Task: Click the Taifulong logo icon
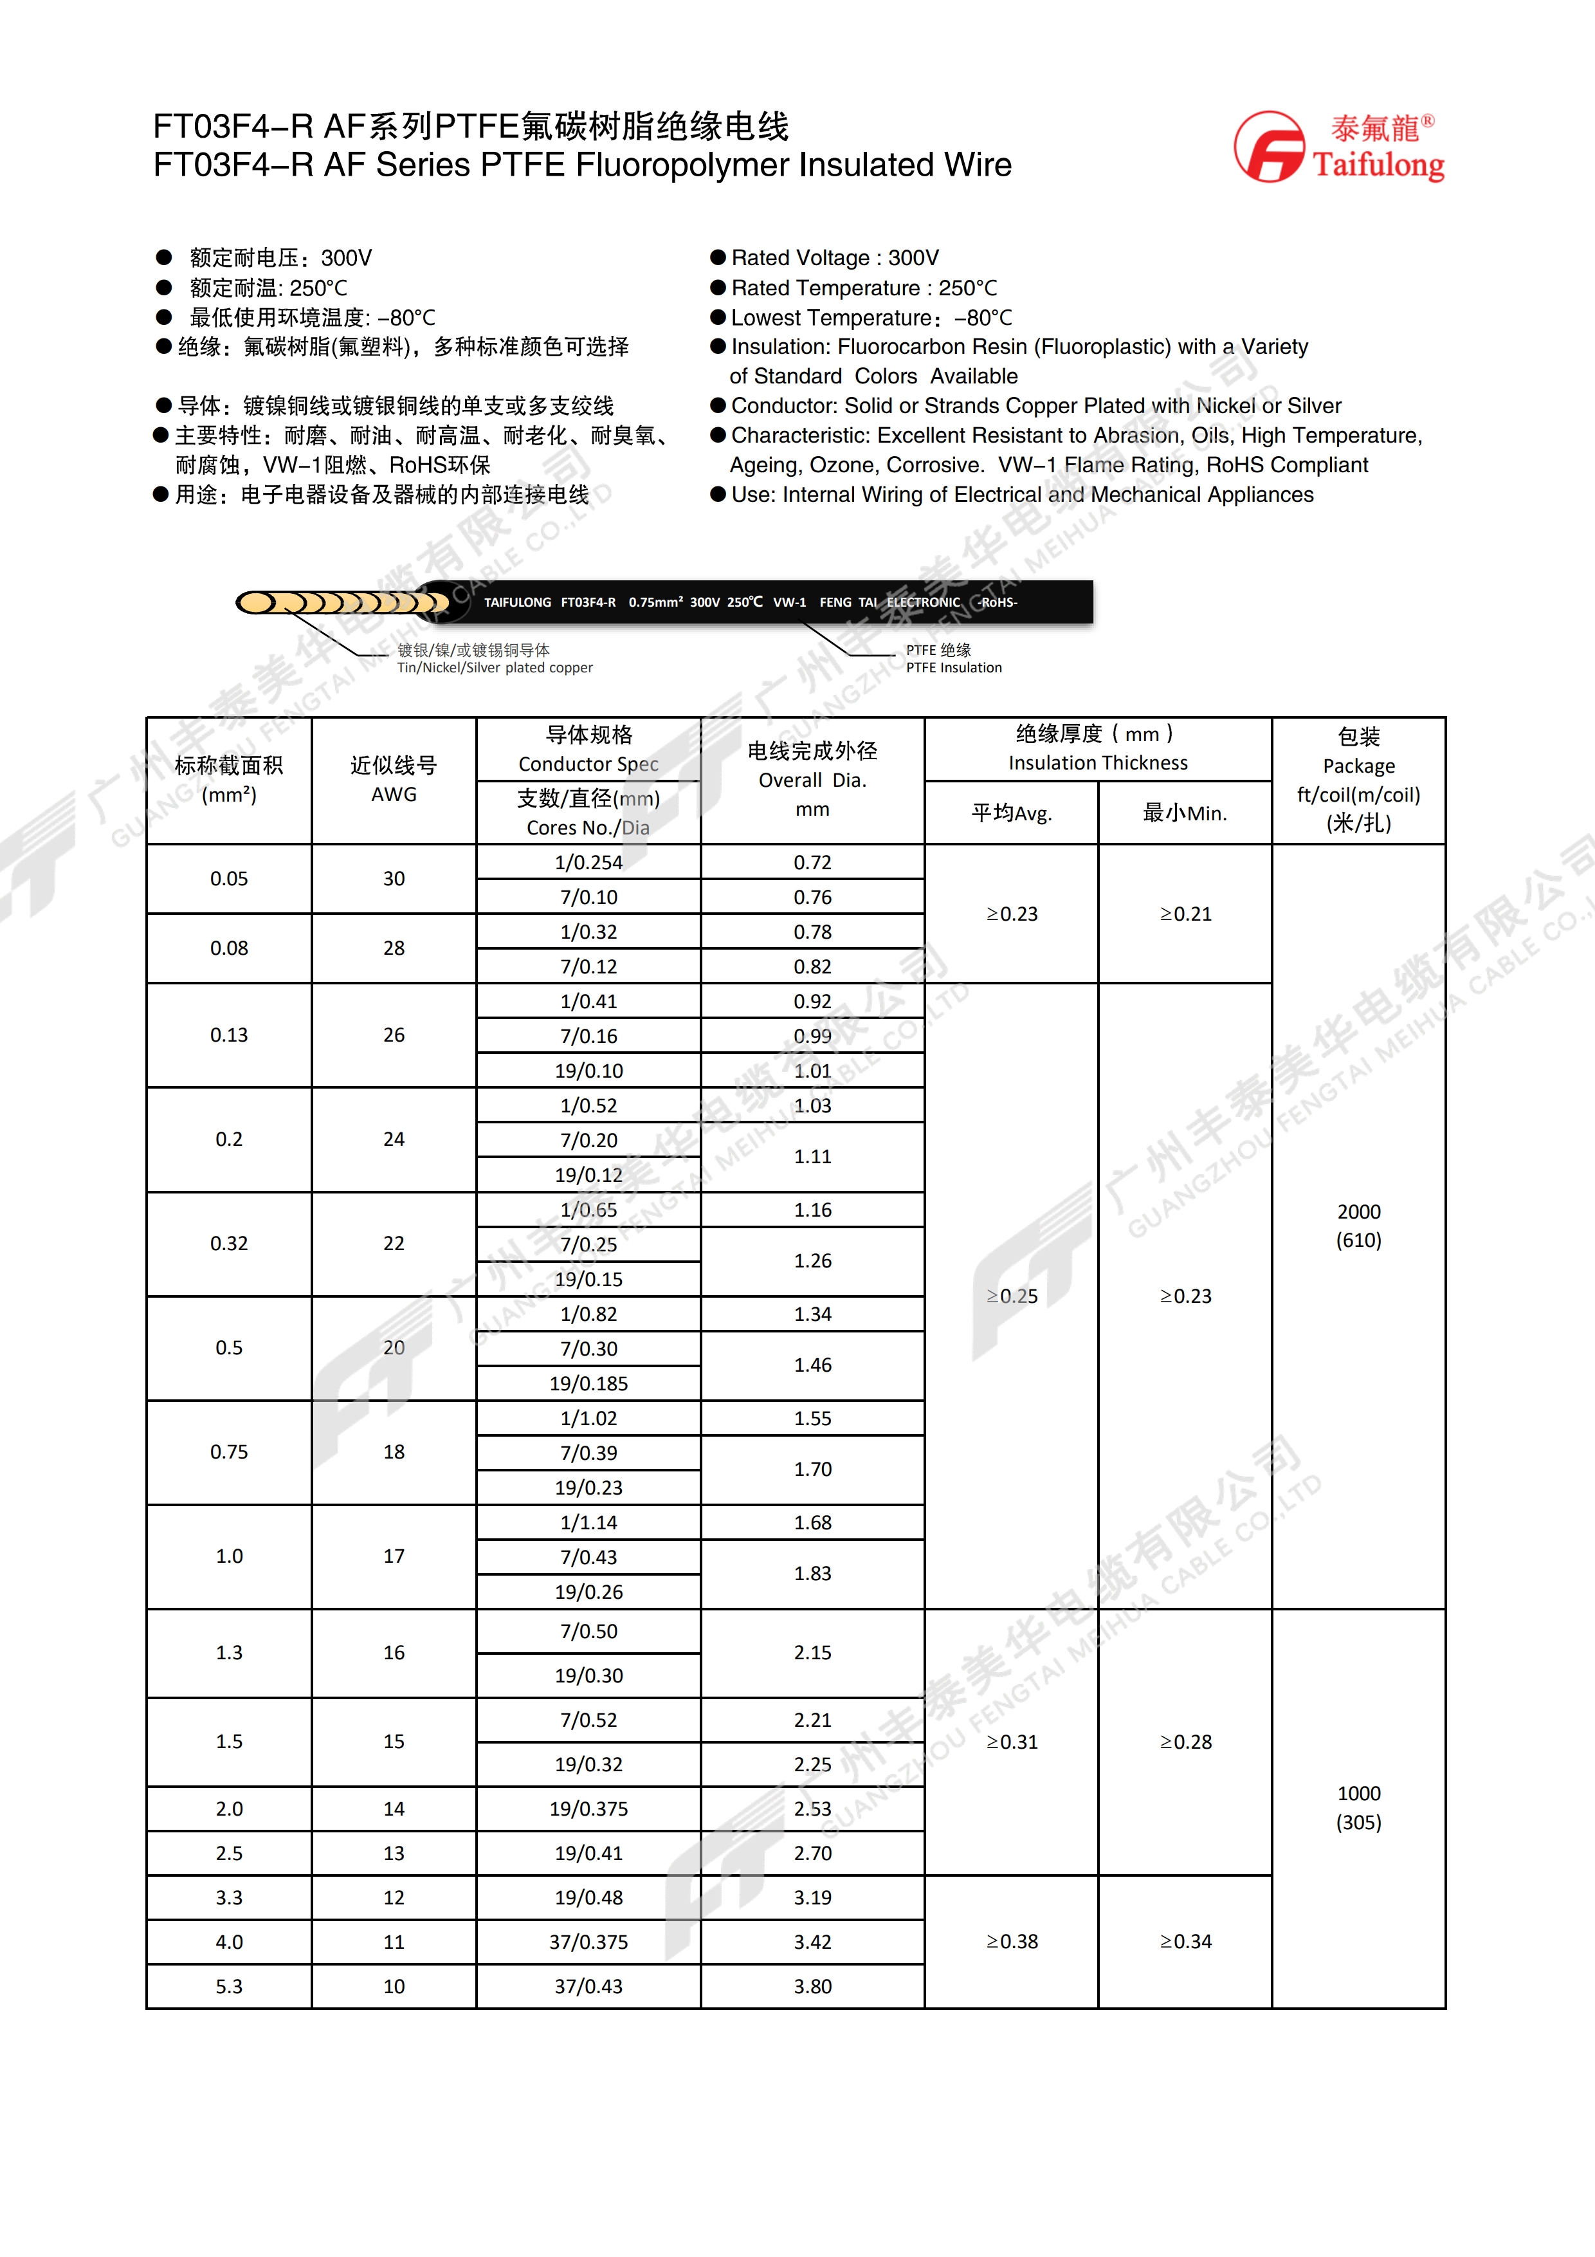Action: (1270, 147)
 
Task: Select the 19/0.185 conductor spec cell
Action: (588, 1383)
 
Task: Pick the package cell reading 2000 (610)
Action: (1358, 1226)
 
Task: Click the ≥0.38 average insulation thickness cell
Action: (1011, 1942)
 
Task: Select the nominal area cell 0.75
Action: (229, 1452)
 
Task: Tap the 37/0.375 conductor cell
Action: (588, 1942)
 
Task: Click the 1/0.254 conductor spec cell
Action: (588, 862)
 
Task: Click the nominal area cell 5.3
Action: (229, 1985)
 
